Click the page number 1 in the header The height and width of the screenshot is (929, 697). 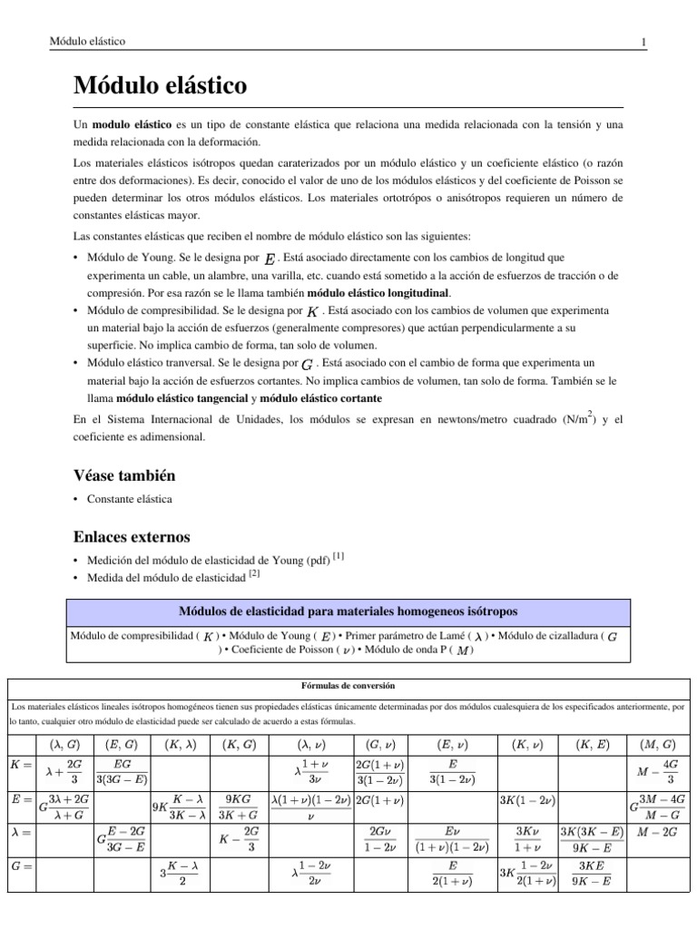pyautogui.click(x=643, y=43)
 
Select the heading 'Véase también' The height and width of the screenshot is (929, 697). pyautogui.click(x=123, y=475)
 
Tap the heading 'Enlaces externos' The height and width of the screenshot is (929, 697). pyautogui.click(x=131, y=537)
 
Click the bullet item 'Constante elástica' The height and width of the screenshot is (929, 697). pyautogui.click(x=129, y=499)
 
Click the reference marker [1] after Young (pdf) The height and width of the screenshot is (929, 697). pyautogui.click(x=338, y=557)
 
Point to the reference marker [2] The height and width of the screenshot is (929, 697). pyautogui.click(x=254, y=574)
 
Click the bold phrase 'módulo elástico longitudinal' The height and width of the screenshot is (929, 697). pyautogui.click(x=379, y=293)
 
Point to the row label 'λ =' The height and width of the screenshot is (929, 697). pyautogui.click(x=21, y=830)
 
